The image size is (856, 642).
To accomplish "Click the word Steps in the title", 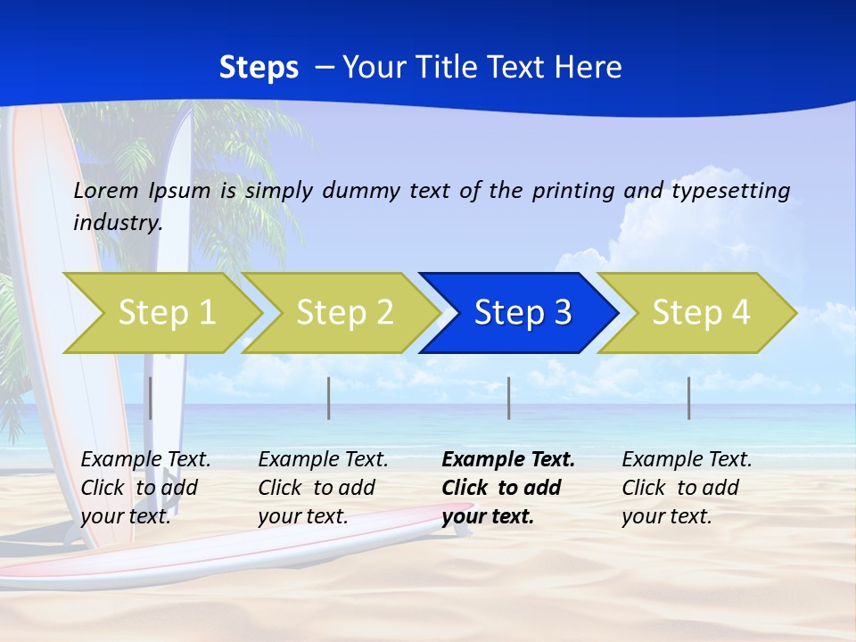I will (x=259, y=68).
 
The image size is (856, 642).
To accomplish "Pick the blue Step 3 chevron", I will (x=520, y=313).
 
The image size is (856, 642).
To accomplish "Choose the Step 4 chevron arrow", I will (x=698, y=313).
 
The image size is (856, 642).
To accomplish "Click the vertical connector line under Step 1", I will (x=151, y=398).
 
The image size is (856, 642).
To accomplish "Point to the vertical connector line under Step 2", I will (x=329, y=398).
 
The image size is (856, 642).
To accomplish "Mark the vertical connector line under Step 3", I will (x=509, y=398).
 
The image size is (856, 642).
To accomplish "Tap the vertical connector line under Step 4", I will (x=689, y=398).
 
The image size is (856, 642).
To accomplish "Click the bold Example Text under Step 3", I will (x=508, y=460).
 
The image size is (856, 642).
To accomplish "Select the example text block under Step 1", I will (x=145, y=488).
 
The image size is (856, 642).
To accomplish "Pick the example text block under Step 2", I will (x=323, y=488).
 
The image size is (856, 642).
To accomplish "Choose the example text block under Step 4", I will (x=687, y=488).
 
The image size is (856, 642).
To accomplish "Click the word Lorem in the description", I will (x=107, y=191).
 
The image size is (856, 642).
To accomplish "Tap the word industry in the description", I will (x=118, y=223).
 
